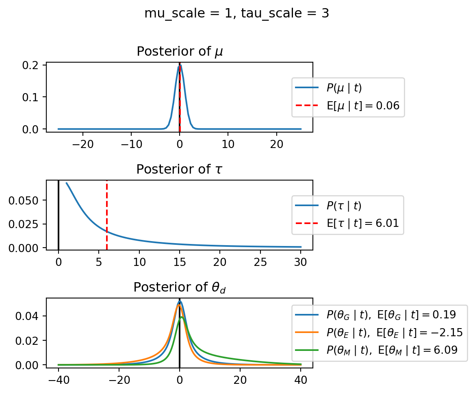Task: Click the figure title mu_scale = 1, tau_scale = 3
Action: [237, 13]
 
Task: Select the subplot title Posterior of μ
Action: [179, 52]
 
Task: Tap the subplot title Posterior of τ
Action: [179, 169]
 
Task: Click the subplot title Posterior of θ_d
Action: [179, 287]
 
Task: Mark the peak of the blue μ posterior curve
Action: [180, 65]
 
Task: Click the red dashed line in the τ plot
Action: [106, 211]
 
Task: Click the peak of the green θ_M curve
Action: [182, 317]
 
